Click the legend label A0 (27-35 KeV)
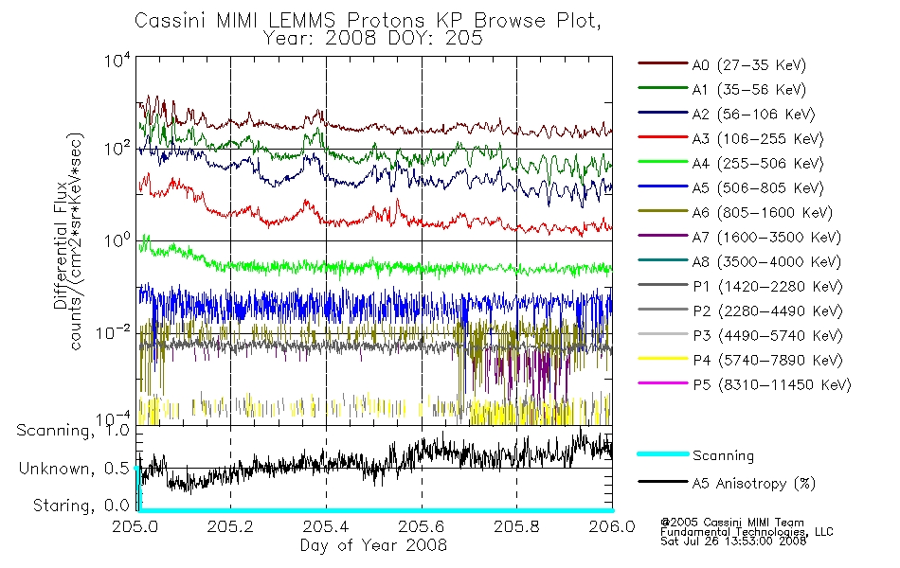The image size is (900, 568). tap(748, 64)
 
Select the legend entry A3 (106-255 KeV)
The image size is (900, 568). tap(758, 139)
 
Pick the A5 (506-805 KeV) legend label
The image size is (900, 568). tap(758, 188)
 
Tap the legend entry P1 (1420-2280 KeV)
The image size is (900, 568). tap(767, 286)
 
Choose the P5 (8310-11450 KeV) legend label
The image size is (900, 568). tap(771, 384)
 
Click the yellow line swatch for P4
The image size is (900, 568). tap(662, 359)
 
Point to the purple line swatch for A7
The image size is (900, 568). tap(662, 236)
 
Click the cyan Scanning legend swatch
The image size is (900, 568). tap(662, 453)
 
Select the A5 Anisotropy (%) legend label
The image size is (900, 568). tap(754, 484)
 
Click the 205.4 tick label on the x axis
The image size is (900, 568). tap(326, 526)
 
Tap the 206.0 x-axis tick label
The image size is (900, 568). tap(612, 526)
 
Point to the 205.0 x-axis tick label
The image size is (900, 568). tap(135, 526)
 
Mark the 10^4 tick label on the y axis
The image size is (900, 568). tap(117, 61)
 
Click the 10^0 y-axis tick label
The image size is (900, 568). tap(117, 240)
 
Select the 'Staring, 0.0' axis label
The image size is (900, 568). tap(81, 506)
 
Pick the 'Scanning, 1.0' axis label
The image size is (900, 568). tap(73, 431)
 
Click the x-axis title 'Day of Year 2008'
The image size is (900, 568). tap(373, 545)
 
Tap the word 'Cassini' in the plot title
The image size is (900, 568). tap(171, 21)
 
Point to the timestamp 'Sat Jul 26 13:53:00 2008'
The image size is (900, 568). tap(733, 541)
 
